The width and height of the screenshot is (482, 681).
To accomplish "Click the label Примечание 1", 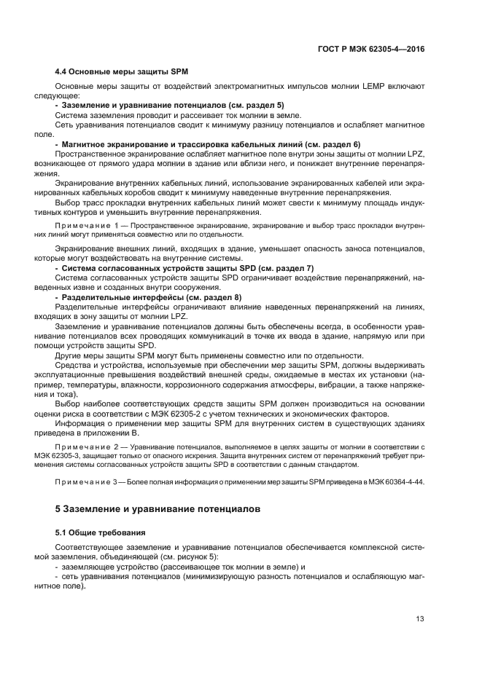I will pyautogui.click(x=83, y=227).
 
